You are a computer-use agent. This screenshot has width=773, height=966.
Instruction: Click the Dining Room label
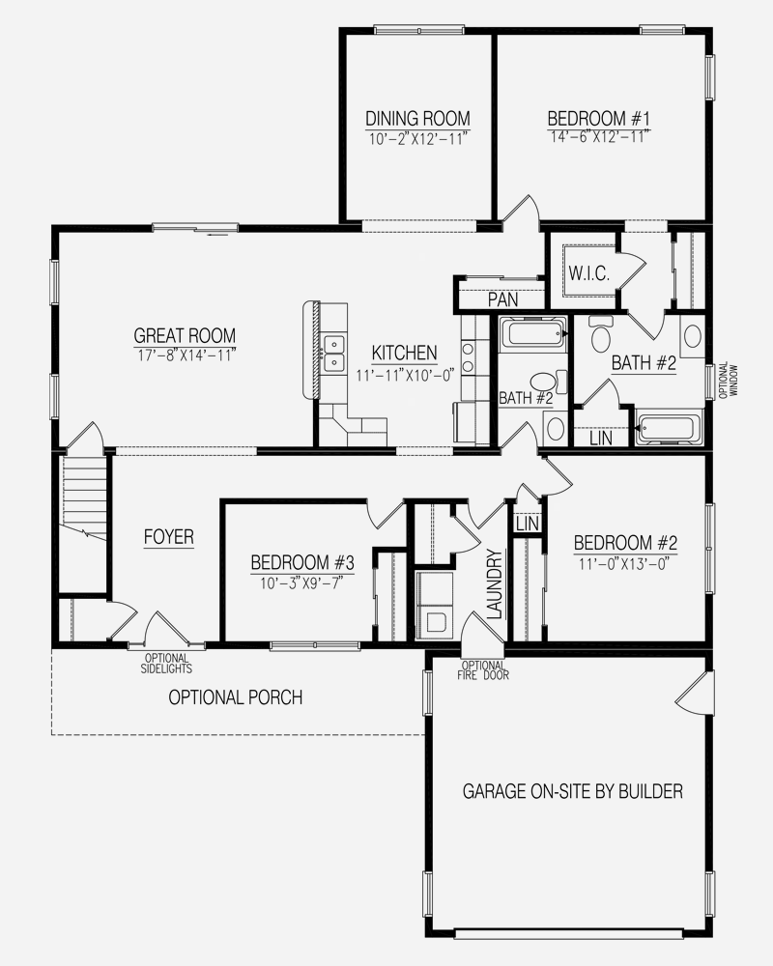pyautogui.click(x=417, y=118)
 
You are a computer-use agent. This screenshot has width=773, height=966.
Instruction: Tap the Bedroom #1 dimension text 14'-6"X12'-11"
pyautogui.click(x=597, y=137)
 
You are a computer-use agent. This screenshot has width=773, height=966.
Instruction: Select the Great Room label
pyautogui.click(x=185, y=336)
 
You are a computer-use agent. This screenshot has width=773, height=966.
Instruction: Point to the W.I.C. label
pyautogui.click(x=588, y=273)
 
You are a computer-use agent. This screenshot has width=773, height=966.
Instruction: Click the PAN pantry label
pyautogui.click(x=503, y=299)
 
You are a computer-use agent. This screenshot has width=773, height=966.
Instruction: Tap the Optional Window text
pyautogui.click(x=728, y=380)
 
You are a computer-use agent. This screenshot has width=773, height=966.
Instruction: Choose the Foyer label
pyautogui.click(x=168, y=536)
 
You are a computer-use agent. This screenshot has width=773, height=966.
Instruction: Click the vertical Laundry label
pyautogui.click(x=495, y=584)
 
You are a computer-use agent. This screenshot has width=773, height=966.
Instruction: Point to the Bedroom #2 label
pyautogui.click(x=625, y=543)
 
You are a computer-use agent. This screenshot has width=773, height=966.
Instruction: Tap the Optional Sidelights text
pyautogui.click(x=166, y=664)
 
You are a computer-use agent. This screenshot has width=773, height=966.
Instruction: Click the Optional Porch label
pyautogui.click(x=236, y=697)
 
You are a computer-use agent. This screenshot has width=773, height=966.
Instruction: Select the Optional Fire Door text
pyautogui.click(x=485, y=670)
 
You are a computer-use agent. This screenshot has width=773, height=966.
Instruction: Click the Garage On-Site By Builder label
pyautogui.click(x=573, y=791)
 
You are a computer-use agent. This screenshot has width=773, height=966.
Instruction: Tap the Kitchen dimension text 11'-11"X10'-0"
pyautogui.click(x=405, y=375)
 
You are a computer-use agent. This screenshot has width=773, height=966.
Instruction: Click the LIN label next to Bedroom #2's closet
pyautogui.click(x=527, y=525)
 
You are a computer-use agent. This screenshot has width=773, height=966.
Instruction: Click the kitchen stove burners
pyautogui.click(x=468, y=358)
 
